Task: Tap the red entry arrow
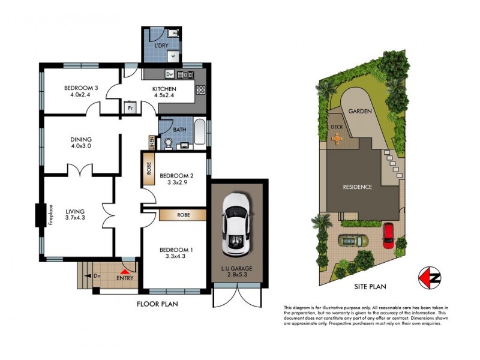coord(124,271)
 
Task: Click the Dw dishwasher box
coord(170,74)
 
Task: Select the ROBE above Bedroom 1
coord(183,214)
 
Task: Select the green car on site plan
coord(352,241)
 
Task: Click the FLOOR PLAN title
coord(157,304)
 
